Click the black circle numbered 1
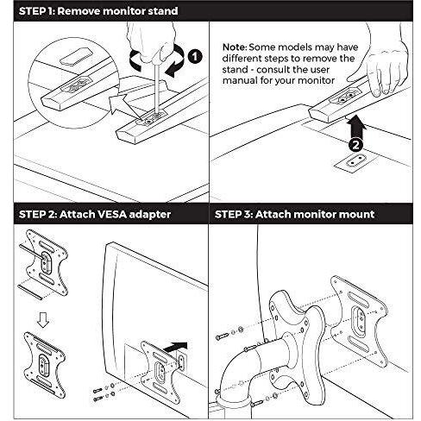[195, 56]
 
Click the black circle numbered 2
[356, 145]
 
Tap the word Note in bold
[235, 47]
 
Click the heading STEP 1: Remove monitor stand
[98, 11]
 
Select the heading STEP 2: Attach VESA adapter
[95, 214]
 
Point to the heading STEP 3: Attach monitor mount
[294, 214]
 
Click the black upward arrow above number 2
[356, 126]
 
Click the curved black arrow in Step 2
[176, 346]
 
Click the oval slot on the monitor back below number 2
[355, 160]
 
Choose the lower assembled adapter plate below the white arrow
[45, 364]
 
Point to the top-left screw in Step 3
[222, 336]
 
